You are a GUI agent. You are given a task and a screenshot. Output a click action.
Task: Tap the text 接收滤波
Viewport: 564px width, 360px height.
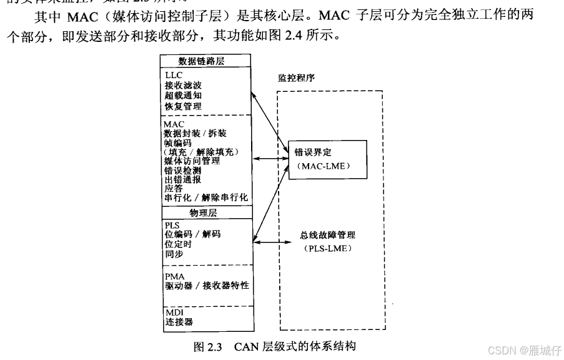pyautogui.click(x=183, y=85)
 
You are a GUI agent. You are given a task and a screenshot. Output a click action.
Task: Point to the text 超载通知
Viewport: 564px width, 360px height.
pyautogui.click(x=183, y=96)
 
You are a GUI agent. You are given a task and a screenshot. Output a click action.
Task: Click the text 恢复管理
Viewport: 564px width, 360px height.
pyautogui.click(x=183, y=106)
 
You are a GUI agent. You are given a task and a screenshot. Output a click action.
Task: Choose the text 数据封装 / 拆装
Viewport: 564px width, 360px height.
pyautogui.click(x=195, y=134)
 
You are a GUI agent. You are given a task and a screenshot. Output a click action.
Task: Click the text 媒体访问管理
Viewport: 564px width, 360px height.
pyautogui.click(x=192, y=161)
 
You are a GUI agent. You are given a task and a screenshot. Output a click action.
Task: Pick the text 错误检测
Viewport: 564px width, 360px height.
pyautogui.click(x=182, y=170)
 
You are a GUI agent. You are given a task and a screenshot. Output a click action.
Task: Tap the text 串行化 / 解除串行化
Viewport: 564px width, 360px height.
pyautogui.click(x=206, y=197)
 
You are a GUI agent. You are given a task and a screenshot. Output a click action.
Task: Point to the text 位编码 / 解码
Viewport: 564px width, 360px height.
pyautogui.click(x=192, y=234)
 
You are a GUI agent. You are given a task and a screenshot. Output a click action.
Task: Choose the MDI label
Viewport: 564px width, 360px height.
pyautogui.click(x=174, y=312)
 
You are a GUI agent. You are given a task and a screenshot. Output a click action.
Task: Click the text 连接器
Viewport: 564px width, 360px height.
pyautogui.click(x=179, y=322)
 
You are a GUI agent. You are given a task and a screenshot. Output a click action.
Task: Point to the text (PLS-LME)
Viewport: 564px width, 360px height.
pyautogui.click(x=327, y=249)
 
